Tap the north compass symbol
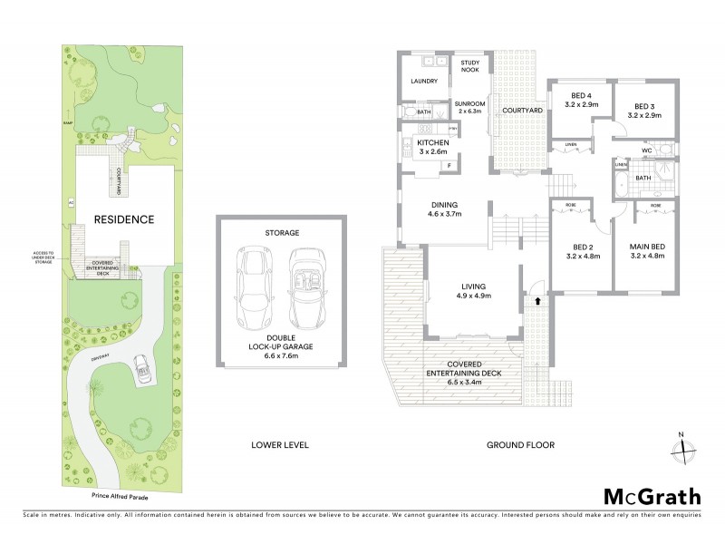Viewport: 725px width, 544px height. coord(686,447)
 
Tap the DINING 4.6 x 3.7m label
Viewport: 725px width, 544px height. coord(445,209)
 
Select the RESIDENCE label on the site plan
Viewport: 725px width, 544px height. coord(127,219)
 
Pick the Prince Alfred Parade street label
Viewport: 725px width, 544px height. coord(121,497)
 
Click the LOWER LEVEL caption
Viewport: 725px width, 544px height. coord(280,445)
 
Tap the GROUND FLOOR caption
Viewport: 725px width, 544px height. coord(520,445)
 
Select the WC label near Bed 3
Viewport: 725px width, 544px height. coord(646,151)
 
